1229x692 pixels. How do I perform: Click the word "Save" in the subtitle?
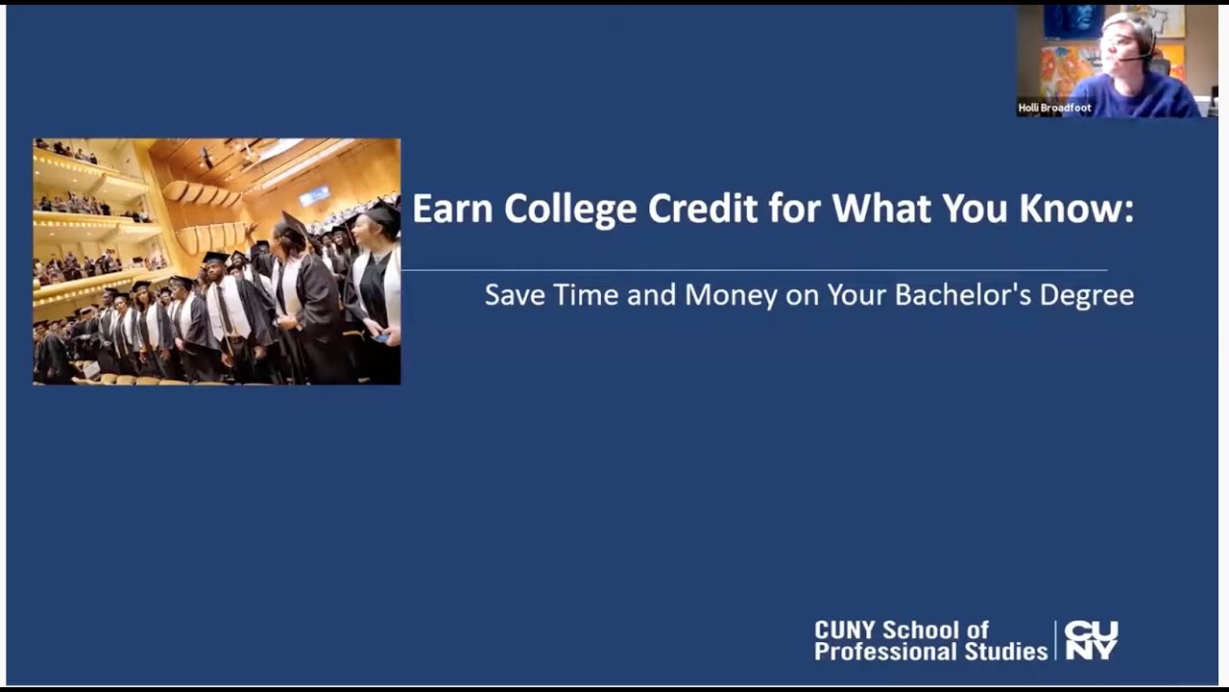pos(515,294)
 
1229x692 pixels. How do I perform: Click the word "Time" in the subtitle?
pos(586,294)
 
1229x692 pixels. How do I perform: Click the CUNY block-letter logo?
pos(1091,640)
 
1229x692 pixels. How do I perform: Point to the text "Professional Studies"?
pos(930,652)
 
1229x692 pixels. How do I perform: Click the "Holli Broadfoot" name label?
pos(1054,108)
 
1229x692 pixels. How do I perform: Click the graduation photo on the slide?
pos(217,261)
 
